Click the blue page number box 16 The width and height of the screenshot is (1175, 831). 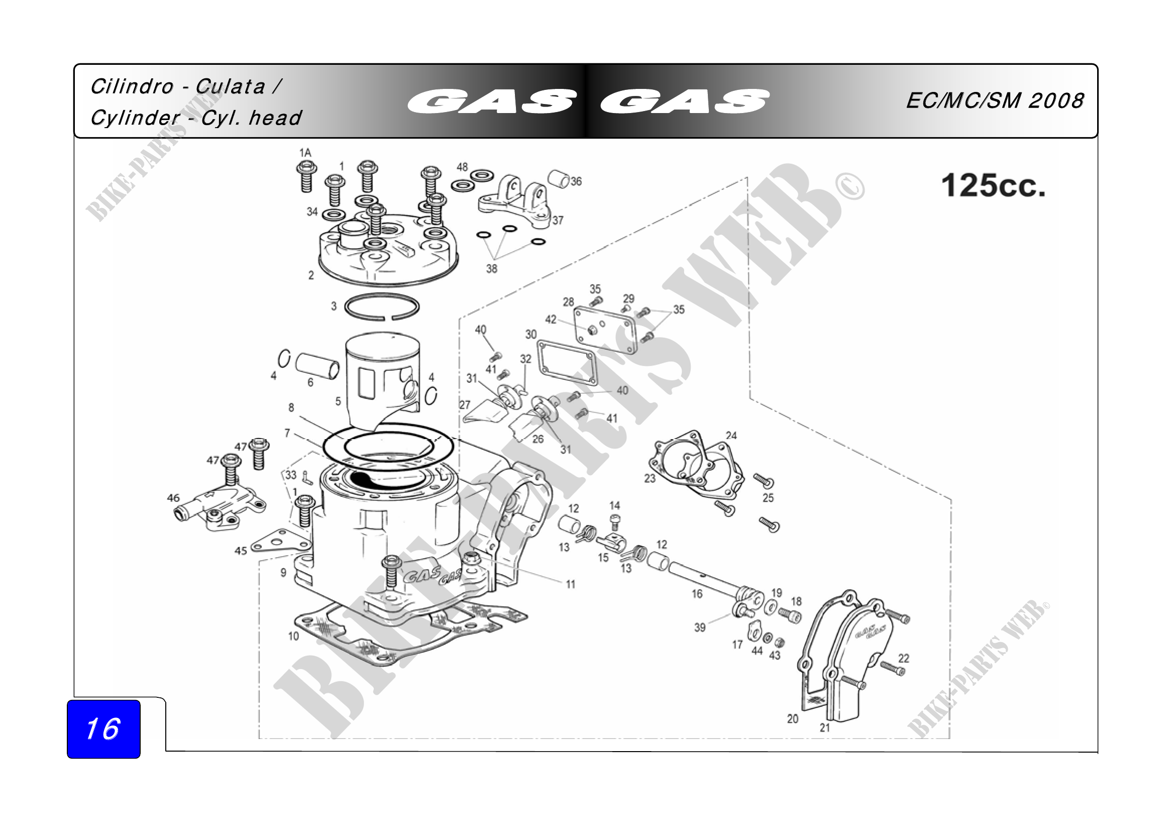tap(103, 729)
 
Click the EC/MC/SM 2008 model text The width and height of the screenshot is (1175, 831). tap(995, 100)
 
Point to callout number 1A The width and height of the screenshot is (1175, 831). tap(305, 153)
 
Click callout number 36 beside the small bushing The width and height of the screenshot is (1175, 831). tap(576, 181)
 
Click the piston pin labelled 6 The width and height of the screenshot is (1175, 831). tap(317, 365)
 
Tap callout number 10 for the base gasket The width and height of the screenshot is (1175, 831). tap(293, 636)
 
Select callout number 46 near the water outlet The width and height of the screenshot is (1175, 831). tap(173, 498)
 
